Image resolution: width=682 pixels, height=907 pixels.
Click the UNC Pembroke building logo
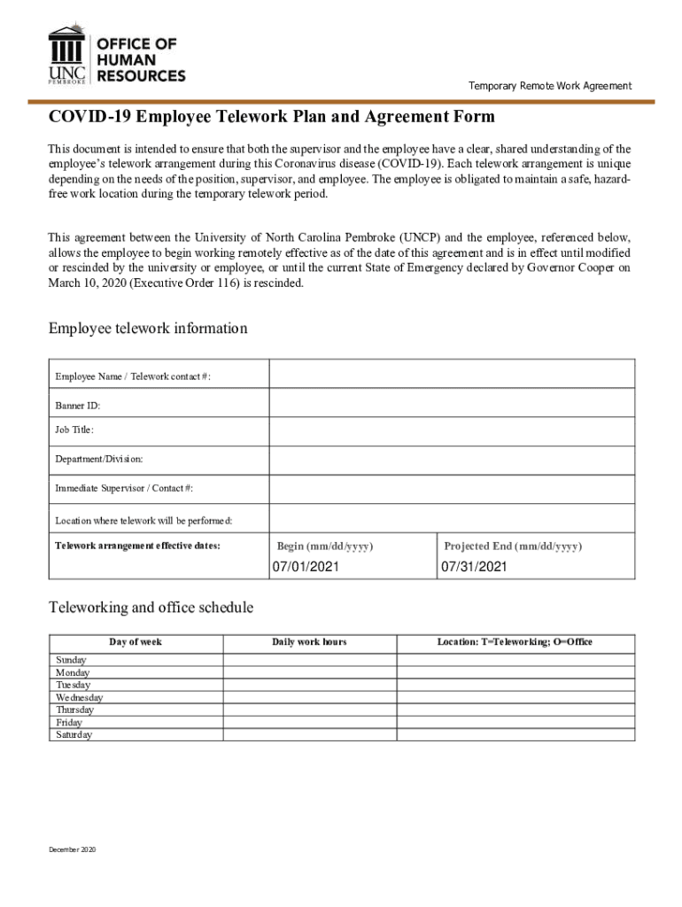pos(68,55)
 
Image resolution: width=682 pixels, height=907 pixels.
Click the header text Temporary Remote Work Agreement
pos(550,86)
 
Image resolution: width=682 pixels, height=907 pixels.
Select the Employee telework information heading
pos(147,329)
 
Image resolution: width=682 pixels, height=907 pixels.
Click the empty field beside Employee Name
pos(452,375)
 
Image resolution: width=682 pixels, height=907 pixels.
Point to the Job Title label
pos(74,430)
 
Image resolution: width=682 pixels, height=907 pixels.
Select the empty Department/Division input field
pos(452,460)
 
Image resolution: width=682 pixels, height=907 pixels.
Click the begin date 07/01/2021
pos(306,566)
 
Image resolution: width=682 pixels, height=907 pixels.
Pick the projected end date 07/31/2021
pos(475,566)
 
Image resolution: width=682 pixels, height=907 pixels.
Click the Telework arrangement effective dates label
pos(137,546)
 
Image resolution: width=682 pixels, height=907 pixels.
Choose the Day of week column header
pos(136,641)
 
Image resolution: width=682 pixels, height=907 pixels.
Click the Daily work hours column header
pos(309,641)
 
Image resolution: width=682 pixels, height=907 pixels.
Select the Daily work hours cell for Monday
pos(309,673)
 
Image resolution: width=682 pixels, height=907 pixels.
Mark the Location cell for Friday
pos(515,723)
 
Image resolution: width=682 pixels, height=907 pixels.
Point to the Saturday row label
pos(74,735)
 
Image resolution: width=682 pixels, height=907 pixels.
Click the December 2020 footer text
pos(73,849)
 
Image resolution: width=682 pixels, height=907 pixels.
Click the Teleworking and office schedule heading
pos(151,608)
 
